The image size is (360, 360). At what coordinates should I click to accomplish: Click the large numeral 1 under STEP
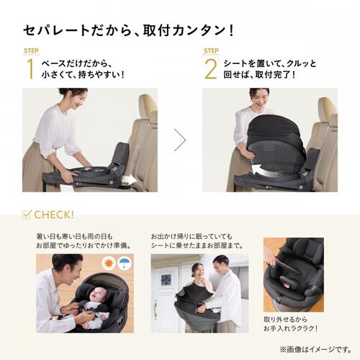point(30,69)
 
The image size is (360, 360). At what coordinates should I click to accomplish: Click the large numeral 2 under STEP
point(210,69)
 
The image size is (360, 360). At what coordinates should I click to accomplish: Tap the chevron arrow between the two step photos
point(180,140)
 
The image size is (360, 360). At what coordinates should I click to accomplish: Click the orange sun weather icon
point(108,264)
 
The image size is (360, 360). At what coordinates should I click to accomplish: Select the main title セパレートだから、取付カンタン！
point(129,31)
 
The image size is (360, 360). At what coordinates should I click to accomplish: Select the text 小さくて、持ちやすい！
point(83,74)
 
